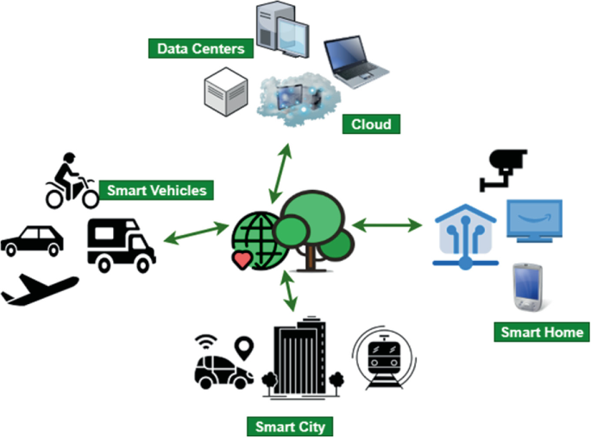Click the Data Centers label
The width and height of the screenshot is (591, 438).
pos(201,48)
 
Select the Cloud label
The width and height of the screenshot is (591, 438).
pos(371,124)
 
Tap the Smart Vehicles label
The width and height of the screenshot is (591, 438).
pos(156,189)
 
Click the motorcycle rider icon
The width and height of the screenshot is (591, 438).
pos(72,181)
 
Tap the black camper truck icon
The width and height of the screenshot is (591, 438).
pos(121,244)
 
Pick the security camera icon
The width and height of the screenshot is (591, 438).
pos(503,168)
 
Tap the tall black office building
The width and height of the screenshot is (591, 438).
pos(299,360)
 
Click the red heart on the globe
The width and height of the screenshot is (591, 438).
pos(244,258)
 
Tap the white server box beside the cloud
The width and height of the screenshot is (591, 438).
pos(226,93)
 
